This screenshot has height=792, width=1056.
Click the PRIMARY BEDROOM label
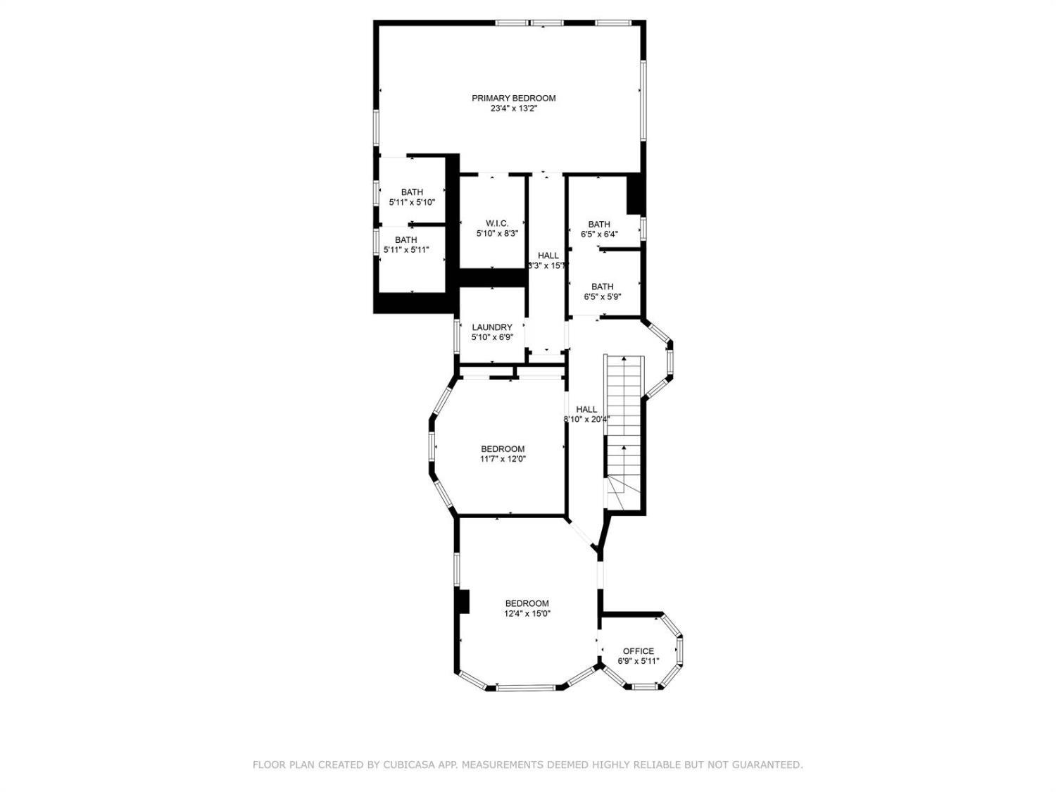pyautogui.click(x=513, y=98)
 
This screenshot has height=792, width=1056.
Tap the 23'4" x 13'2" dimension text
pyautogui.click(x=513, y=108)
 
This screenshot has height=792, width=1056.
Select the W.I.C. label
pyautogui.click(x=497, y=224)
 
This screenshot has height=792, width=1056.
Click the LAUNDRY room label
pyautogui.click(x=492, y=327)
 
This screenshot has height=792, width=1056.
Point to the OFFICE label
pyautogui.click(x=639, y=651)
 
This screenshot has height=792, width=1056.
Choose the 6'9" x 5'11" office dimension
pyautogui.click(x=639, y=661)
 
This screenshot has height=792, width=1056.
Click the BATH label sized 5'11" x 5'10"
pyautogui.click(x=413, y=192)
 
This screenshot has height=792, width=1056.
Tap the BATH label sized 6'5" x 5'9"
pyautogui.click(x=603, y=287)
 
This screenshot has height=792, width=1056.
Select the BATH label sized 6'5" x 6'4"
pyautogui.click(x=599, y=224)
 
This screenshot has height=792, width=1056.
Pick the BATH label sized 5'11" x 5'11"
pyautogui.click(x=406, y=239)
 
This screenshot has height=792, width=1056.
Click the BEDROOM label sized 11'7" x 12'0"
pyautogui.click(x=503, y=449)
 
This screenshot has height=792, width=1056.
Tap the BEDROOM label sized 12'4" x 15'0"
pyautogui.click(x=527, y=603)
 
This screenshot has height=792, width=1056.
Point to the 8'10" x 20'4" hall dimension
pyautogui.click(x=587, y=420)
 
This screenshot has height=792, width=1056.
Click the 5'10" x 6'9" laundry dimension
pyautogui.click(x=492, y=338)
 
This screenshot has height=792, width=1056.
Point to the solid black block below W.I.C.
pyautogui.click(x=491, y=278)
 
